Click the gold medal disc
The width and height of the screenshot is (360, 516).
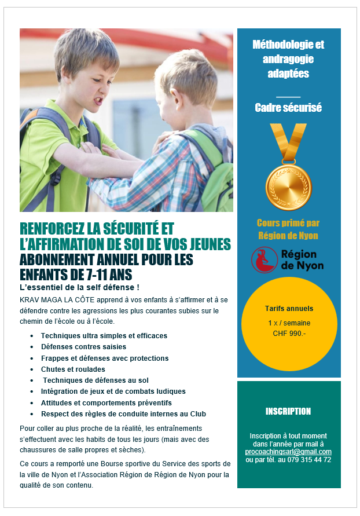pos(288,187)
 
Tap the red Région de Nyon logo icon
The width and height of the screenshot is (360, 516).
pos(264,260)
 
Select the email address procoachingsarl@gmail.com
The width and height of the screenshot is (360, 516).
pos(288,452)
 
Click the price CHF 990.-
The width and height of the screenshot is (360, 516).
pos(288,333)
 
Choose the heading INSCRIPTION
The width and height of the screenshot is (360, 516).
pos(288,412)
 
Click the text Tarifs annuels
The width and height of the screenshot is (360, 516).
pos(288,309)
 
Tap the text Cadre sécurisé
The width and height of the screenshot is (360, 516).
pos(288,108)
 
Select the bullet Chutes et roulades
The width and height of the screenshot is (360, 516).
pos(73,369)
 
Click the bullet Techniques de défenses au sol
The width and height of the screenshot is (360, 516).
pos(95,380)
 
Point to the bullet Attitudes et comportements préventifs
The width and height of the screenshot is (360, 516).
pos(106,402)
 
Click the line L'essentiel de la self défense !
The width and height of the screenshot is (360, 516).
pos(79,287)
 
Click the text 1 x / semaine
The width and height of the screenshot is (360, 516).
pos(288,323)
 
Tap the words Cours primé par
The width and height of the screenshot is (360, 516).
pos(288,224)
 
